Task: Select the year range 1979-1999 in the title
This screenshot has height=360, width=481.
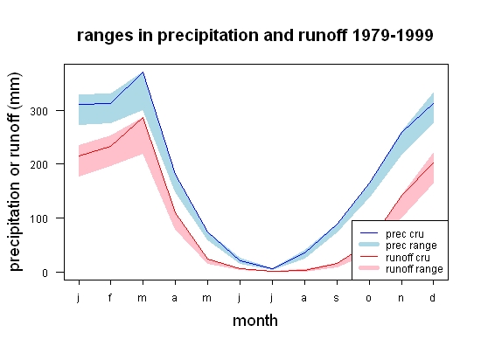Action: (x=393, y=35)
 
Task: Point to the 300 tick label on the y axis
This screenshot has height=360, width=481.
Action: (x=39, y=111)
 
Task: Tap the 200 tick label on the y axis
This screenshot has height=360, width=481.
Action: (x=39, y=164)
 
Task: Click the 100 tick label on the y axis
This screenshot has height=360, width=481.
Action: (x=39, y=218)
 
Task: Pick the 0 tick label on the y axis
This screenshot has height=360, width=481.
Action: (x=45, y=273)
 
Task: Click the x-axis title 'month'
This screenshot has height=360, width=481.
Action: (x=255, y=321)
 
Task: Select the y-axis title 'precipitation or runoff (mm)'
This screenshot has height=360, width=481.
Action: (x=15, y=171)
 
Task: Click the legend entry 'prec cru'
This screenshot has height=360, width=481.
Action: (x=405, y=234)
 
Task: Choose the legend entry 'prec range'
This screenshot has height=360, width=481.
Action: (x=411, y=246)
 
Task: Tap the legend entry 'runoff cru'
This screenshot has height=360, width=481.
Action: (x=408, y=258)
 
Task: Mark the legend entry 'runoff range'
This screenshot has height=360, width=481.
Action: (x=415, y=269)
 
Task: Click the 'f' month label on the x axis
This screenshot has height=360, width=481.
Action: (x=110, y=297)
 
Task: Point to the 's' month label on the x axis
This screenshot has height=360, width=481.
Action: (x=337, y=298)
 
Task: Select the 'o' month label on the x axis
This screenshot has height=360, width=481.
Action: (x=369, y=298)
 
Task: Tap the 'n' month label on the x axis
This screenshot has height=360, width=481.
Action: (x=401, y=298)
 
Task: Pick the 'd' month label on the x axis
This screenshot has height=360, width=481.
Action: (x=433, y=297)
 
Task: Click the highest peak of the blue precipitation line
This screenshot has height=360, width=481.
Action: (x=143, y=73)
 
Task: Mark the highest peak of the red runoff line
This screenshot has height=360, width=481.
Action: (x=143, y=118)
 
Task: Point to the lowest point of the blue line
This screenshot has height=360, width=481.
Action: (x=272, y=269)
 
